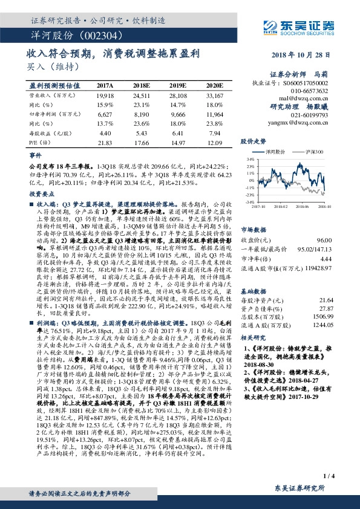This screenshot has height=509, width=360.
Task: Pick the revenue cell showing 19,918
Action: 105,96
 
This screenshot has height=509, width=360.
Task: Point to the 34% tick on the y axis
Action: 249,160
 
